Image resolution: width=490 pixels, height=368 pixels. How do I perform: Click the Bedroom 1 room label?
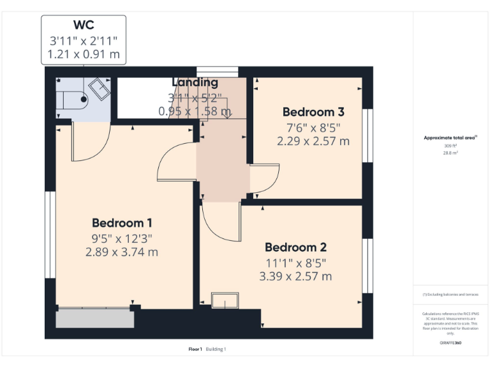point(122,223)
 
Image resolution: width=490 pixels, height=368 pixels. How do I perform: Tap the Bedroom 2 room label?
point(295,247)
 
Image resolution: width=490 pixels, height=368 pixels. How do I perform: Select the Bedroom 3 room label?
point(313,112)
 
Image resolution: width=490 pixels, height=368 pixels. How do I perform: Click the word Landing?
point(195,82)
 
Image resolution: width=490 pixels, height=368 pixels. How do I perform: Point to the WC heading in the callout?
point(84,26)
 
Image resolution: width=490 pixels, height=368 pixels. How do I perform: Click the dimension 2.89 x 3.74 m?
point(122,252)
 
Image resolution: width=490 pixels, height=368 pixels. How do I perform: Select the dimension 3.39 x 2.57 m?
point(295,277)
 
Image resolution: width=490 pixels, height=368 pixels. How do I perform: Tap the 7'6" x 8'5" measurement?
point(313,127)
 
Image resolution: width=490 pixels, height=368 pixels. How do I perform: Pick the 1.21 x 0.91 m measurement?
point(84,54)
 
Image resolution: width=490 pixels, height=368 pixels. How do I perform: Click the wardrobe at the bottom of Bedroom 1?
point(95,318)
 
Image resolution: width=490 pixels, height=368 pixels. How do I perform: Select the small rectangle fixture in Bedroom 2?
point(225,300)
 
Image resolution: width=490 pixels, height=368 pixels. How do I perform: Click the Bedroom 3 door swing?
point(264,178)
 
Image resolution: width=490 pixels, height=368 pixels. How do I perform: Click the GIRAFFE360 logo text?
point(450,343)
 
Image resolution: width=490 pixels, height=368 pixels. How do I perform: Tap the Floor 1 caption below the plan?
point(195,349)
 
